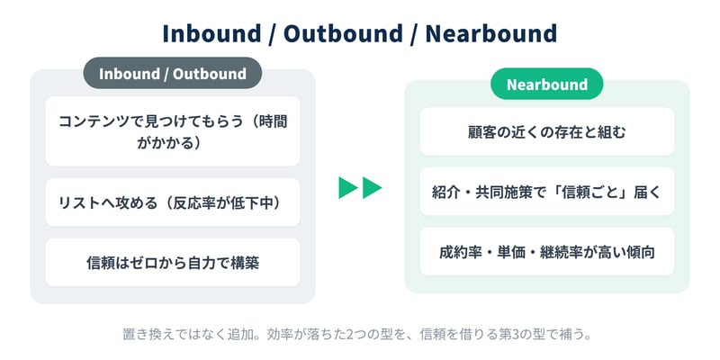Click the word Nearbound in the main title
(490, 34)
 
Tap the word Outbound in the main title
(343, 34)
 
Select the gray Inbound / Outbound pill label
(173, 74)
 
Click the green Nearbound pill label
(547, 84)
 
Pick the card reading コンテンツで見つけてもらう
(173, 131)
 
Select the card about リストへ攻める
(173, 202)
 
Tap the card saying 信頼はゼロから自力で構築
(173, 262)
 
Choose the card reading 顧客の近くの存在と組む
(547, 131)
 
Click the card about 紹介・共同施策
(547, 192)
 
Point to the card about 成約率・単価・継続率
(547, 252)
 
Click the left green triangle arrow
(348, 187)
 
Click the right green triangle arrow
(372, 187)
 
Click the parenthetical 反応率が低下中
(222, 202)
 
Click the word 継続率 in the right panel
(560, 252)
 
